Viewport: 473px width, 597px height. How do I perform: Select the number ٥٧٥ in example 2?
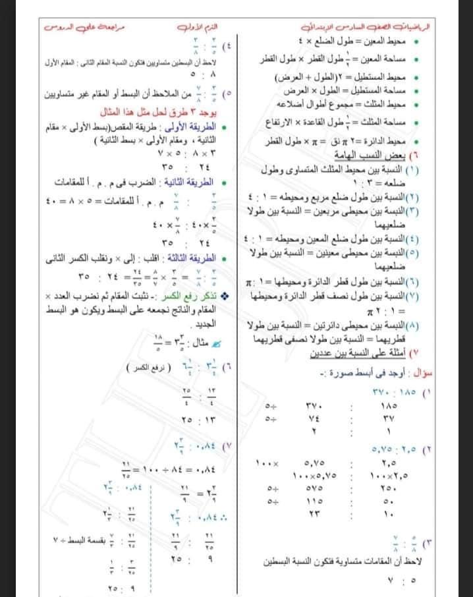click(x=312, y=489)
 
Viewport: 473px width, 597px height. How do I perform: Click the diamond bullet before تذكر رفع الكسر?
click(x=227, y=292)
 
